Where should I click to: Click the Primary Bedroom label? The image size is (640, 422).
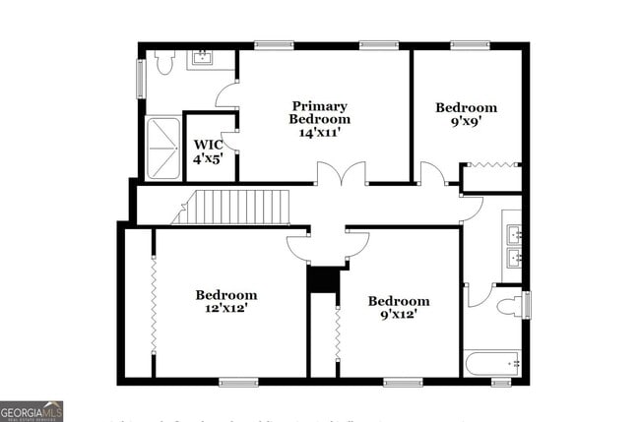coord(319,119)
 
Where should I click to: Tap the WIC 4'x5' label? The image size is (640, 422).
coord(208,151)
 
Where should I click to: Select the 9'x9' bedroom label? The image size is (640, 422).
coord(466,114)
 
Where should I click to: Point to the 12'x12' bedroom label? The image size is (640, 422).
coord(225,301)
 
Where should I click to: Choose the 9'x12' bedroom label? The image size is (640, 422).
coord(399,307)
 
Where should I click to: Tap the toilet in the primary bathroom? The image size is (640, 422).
coord(164,62)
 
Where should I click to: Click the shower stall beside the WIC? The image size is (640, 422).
coord(163,149)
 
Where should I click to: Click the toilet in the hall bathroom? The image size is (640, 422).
coord(510,306)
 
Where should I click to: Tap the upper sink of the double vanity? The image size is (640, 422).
coord(513,234)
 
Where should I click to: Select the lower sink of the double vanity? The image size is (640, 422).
coord(513,259)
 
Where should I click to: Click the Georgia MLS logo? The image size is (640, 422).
coord(32,411)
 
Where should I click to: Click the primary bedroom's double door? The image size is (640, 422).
coord(341,174)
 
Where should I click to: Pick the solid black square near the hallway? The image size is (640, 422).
coord(322,279)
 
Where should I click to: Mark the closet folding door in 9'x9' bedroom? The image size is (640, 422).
coord(491,165)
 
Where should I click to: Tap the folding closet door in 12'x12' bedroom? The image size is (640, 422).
coord(154,302)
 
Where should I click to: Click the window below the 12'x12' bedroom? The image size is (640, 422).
coord(238,382)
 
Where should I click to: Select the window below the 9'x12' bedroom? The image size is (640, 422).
coord(403,382)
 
